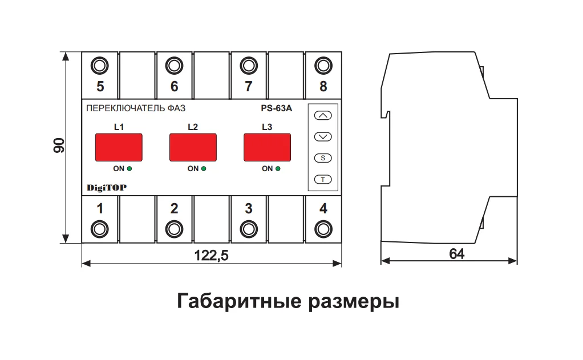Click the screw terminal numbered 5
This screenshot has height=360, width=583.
click(x=100, y=66)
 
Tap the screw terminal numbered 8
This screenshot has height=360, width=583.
click(x=323, y=66)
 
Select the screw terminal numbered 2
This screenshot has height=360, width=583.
click(x=174, y=229)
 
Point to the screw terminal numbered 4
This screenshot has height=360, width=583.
click(x=323, y=229)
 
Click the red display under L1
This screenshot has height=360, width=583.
click(x=119, y=147)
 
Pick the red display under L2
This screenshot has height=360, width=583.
click(x=193, y=147)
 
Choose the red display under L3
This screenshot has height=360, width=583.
click(x=268, y=147)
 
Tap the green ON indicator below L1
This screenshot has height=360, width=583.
click(x=129, y=168)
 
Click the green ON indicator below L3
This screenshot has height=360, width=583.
click(x=278, y=168)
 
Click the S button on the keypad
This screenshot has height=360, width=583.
click(x=323, y=158)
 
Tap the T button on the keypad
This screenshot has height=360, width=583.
click(x=323, y=180)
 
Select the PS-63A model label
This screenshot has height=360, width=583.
click(x=276, y=108)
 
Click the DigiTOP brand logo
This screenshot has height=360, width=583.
click(x=107, y=188)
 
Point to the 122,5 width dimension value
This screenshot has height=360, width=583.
click(x=211, y=256)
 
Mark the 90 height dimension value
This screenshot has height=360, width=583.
click(x=59, y=145)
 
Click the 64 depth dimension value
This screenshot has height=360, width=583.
click(x=456, y=254)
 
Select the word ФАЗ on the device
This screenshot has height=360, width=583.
click(x=176, y=108)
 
